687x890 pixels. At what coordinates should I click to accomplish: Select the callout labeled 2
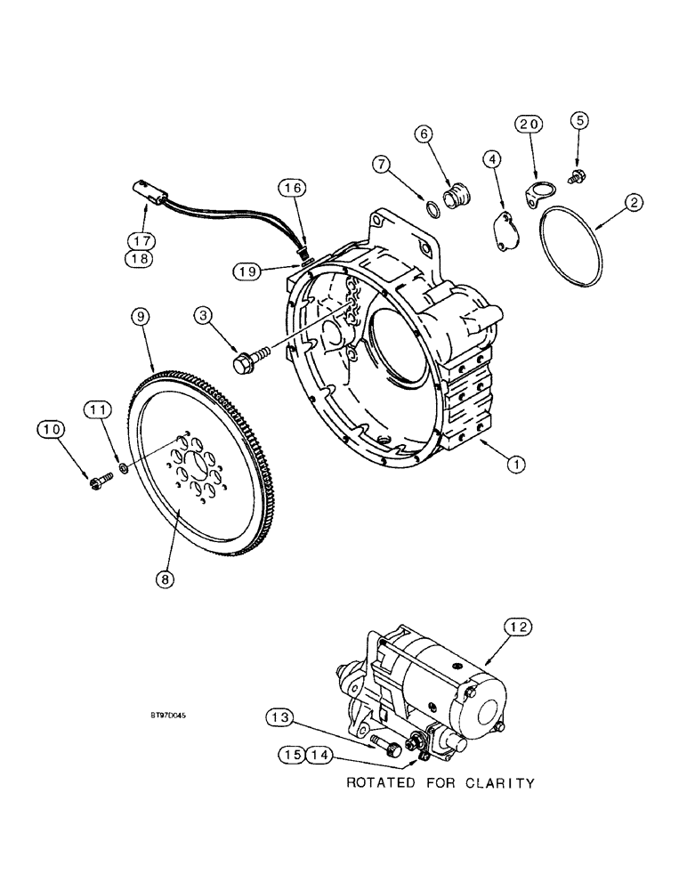[x=633, y=204]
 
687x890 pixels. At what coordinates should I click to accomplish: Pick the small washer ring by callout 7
[x=432, y=211]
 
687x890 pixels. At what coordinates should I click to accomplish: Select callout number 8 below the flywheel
[x=164, y=578]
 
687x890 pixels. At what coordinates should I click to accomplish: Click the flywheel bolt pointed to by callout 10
[x=97, y=482]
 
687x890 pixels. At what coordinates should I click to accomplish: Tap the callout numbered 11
[x=98, y=409]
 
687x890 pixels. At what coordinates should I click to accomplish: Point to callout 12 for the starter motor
[x=521, y=628]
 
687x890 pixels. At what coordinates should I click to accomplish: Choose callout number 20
[x=529, y=125]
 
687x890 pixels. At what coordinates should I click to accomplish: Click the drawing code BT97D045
[x=174, y=715]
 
